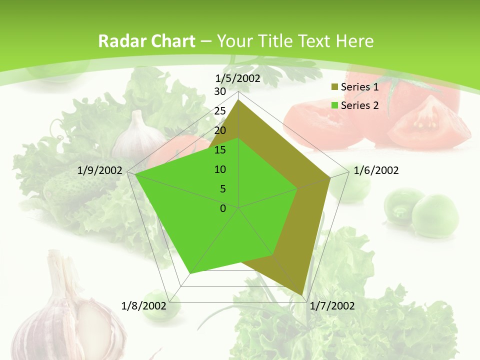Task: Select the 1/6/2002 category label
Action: [x=376, y=170]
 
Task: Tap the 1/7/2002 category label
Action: [x=332, y=306]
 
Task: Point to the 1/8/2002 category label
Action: [x=144, y=305]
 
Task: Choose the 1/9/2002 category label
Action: [x=100, y=170]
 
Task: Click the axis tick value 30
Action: [x=220, y=91]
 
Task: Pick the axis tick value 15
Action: [x=220, y=150]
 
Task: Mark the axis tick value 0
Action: [x=223, y=208]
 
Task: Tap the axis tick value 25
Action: [x=220, y=111]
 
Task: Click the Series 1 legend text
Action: [x=359, y=87]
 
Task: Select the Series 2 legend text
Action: [x=359, y=105]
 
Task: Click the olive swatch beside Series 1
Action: [x=334, y=87]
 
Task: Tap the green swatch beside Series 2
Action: [x=334, y=105]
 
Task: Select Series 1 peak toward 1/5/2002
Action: [x=238, y=100]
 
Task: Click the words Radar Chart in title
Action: [x=146, y=41]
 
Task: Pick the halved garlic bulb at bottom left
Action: [x=70, y=320]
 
